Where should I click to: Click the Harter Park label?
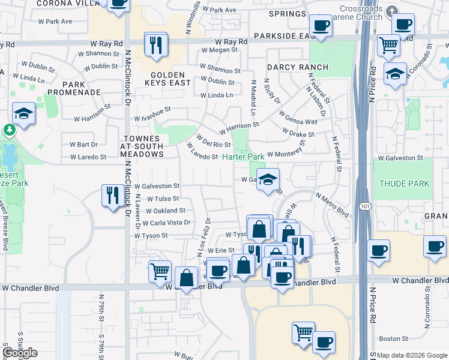tap(243, 157)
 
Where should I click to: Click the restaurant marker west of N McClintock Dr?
tap(112, 195)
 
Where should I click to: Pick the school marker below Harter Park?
tap(268, 178)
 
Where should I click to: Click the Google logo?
tap(20, 353)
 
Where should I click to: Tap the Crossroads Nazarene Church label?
tap(360, 13)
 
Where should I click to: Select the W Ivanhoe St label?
tap(152, 110)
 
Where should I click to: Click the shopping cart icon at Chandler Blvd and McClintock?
tap(160, 271)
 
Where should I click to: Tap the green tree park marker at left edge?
tap(9, 129)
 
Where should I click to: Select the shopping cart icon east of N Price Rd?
tap(389, 44)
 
